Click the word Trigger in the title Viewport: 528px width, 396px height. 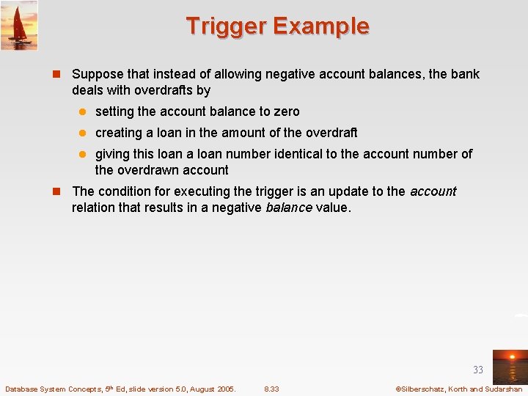coord(226,26)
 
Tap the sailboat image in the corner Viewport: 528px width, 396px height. coord(19,26)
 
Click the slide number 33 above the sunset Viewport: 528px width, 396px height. coord(478,370)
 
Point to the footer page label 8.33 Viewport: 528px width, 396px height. coord(271,389)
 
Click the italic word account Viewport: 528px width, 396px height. coord(433,191)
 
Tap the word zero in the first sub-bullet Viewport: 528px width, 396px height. coord(287,111)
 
